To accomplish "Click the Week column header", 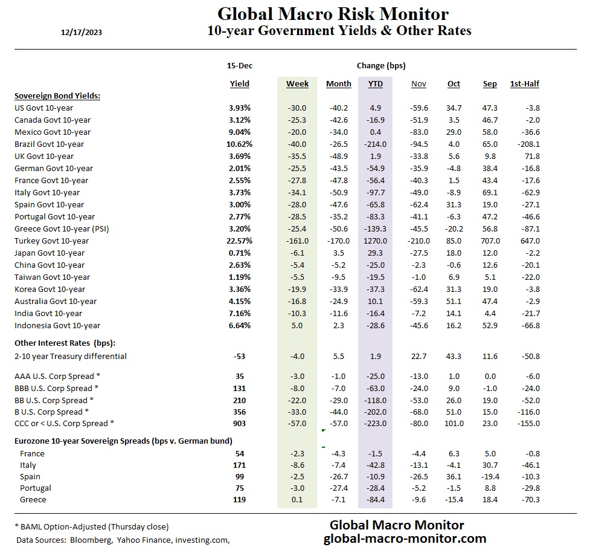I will (x=297, y=83).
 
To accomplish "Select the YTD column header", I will (x=375, y=83).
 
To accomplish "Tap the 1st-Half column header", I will (x=524, y=83).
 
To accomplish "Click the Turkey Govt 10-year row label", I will (x=51, y=241).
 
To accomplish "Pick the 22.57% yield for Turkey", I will (x=240, y=241).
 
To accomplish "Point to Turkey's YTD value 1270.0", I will (x=375, y=241).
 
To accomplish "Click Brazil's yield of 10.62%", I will (x=240, y=144).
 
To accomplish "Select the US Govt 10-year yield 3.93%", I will (x=240, y=108).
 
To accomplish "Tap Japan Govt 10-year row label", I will (x=50, y=253).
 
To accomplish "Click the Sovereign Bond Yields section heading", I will (x=57, y=95).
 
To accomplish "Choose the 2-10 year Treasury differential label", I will (x=71, y=356).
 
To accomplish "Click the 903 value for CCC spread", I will (x=240, y=423).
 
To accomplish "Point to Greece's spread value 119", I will (x=240, y=500).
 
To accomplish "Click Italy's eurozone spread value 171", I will (x=240, y=465).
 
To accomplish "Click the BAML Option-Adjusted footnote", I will (x=91, y=526).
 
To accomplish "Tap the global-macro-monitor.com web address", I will (x=405, y=538).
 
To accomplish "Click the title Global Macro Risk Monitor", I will (x=333, y=14).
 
